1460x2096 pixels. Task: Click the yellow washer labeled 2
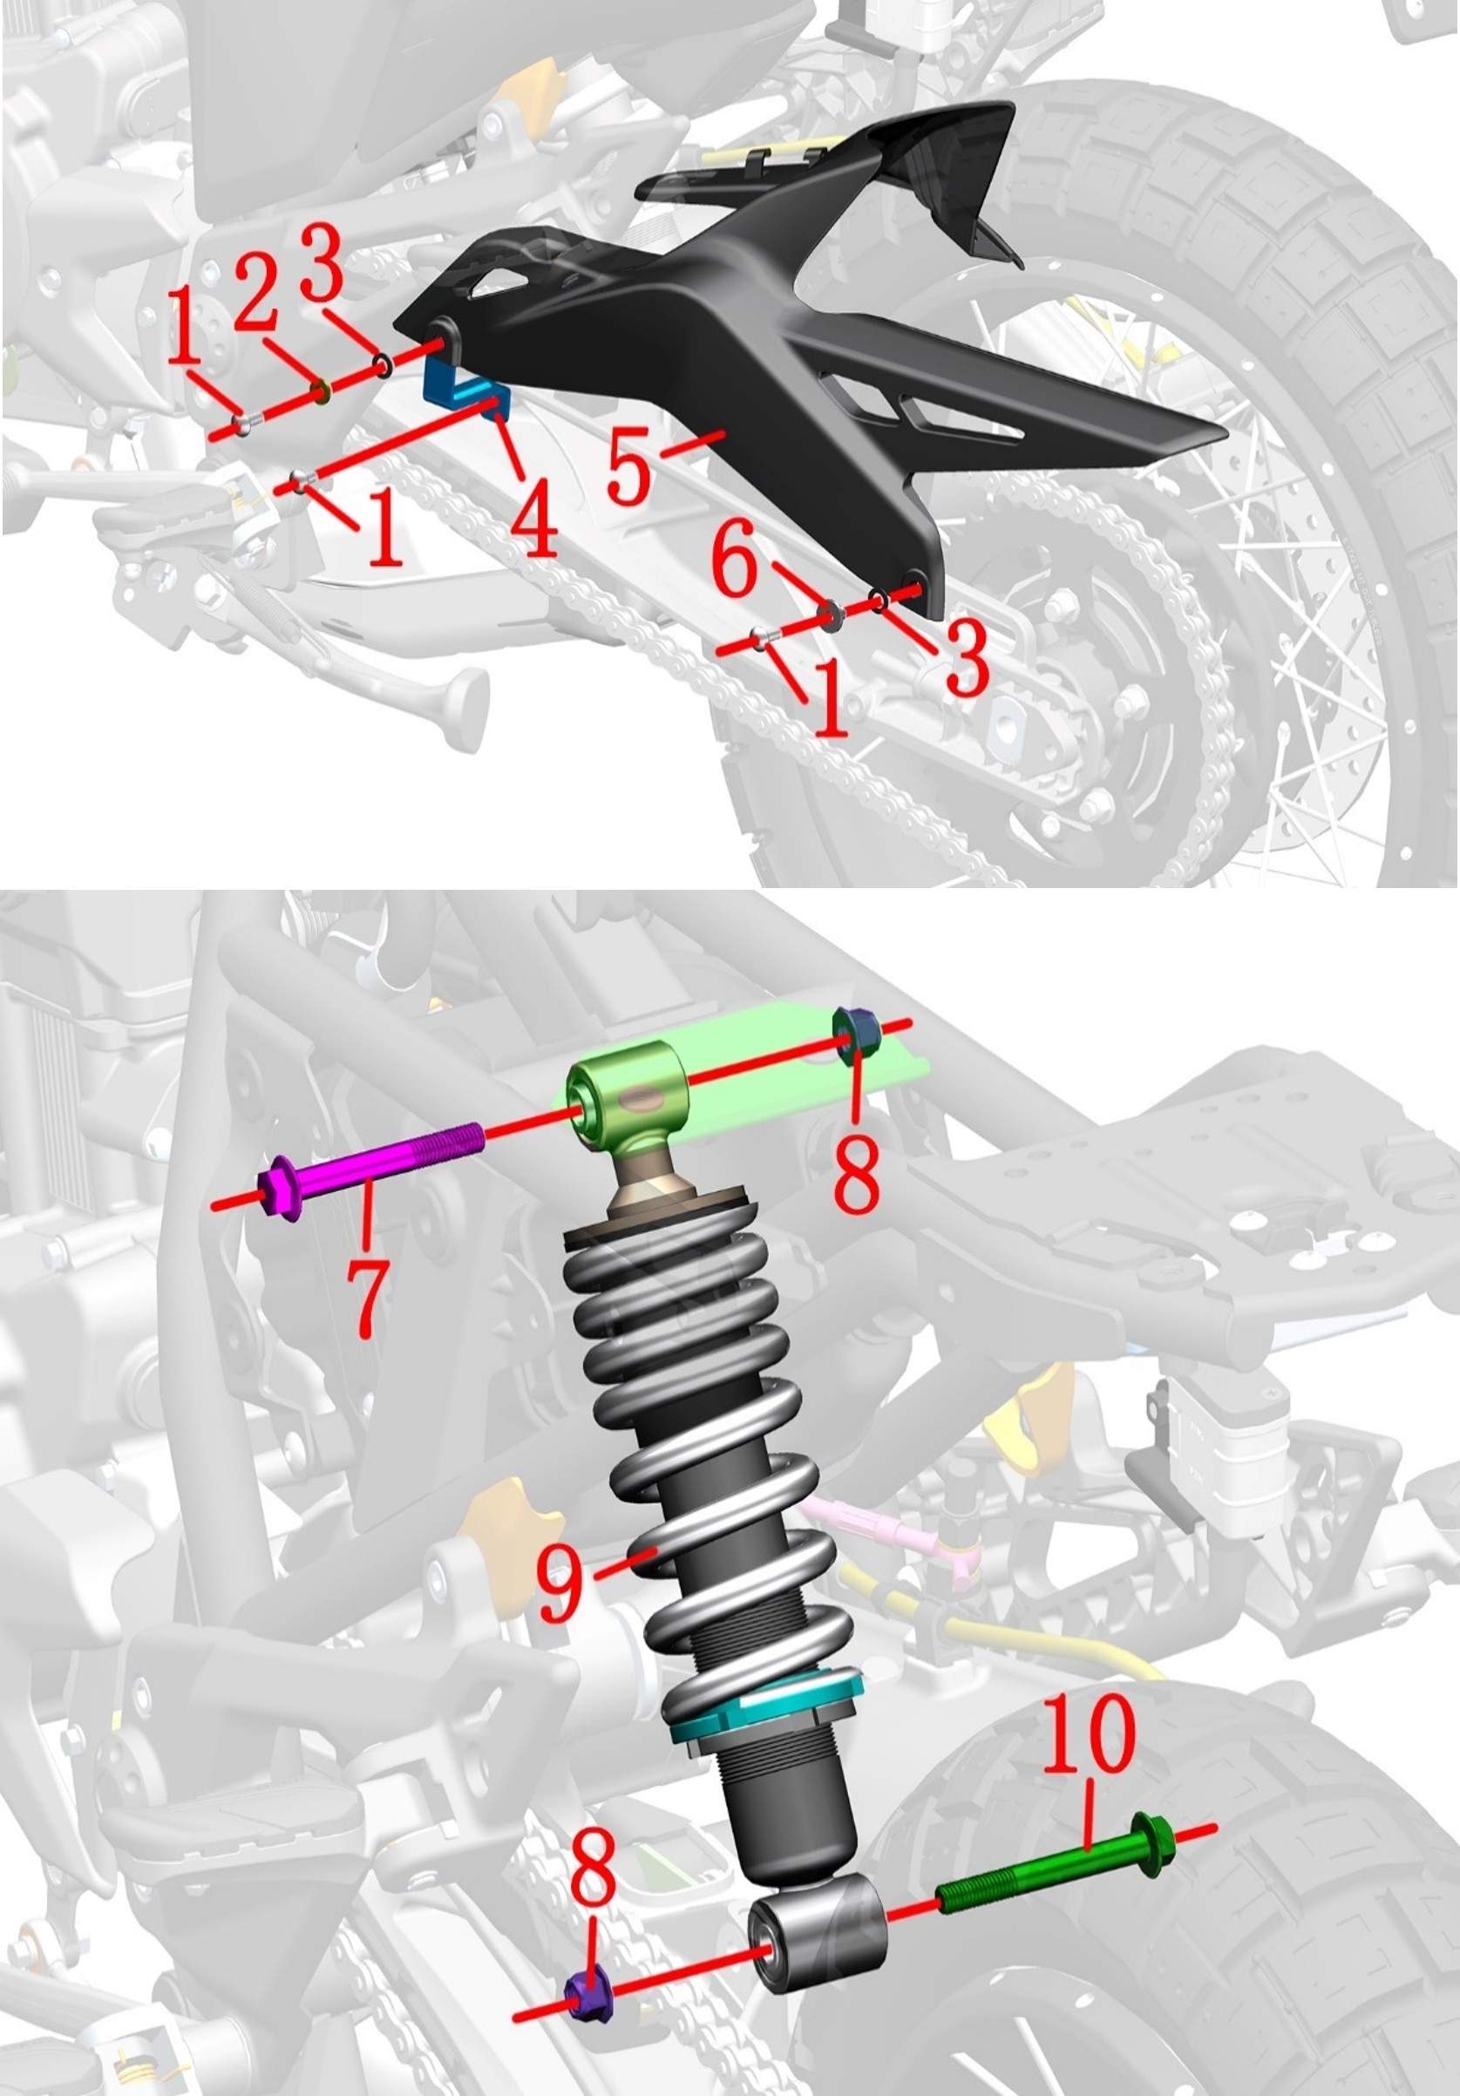(321, 391)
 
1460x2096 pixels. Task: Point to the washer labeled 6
(831, 615)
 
